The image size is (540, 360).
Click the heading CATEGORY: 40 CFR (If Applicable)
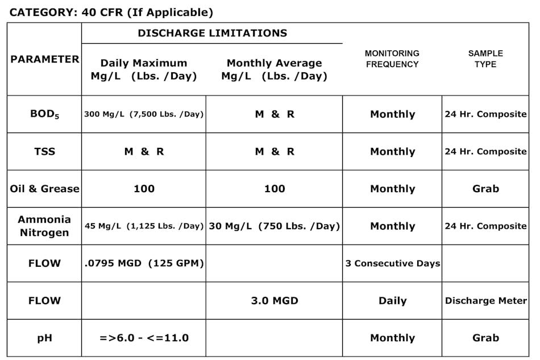coord(111,12)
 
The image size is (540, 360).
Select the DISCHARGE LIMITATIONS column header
coord(212,33)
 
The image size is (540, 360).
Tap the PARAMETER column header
coord(45,59)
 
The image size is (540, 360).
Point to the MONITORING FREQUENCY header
coord(392,59)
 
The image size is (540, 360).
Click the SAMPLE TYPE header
coord(485,59)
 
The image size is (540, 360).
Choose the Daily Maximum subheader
coord(144,69)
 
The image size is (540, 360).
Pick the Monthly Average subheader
coord(275,69)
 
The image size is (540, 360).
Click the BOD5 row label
coord(45,114)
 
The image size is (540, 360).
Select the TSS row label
coord(45,152)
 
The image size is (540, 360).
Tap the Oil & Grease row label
coord(45,189)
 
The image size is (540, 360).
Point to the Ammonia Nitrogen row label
coord(45,226)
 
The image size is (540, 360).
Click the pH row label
coord(45,338)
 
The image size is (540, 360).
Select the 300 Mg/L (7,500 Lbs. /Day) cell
coord(144,114)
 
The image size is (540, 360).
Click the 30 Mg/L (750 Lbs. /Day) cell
coord(275,226)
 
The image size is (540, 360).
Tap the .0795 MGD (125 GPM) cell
coord(144,263)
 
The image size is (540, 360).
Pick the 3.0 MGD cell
coord(275,301)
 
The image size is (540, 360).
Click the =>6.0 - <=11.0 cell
coord(144,338)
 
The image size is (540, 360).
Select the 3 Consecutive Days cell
coord(392,263)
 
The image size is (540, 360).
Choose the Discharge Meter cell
coord(485,301)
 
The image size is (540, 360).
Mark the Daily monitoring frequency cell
coord(392,301)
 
